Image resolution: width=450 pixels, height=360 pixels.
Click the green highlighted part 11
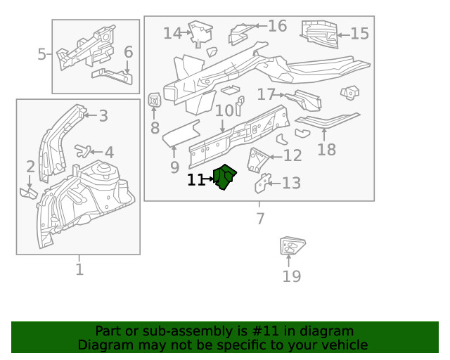225,177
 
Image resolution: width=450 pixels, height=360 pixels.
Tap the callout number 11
196,180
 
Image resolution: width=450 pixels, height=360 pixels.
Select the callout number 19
291,276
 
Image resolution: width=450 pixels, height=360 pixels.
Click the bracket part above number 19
290,247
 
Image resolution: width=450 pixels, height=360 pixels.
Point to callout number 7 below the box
260,219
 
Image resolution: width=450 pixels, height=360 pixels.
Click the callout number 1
79,269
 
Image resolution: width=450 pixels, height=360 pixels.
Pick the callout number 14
172,33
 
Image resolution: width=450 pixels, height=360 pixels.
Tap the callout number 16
277,26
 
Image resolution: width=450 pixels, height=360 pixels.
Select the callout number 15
359,33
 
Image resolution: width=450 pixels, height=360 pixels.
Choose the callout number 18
326,149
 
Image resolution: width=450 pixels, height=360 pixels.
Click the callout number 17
266,94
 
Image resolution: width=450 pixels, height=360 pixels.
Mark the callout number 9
174,167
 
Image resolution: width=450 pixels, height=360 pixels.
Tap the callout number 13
291,183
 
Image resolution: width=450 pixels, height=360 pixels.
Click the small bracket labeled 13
261,183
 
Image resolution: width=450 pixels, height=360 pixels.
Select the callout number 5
41,53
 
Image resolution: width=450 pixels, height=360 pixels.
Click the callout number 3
103,116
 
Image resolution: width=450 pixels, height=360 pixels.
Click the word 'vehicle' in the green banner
340,345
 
